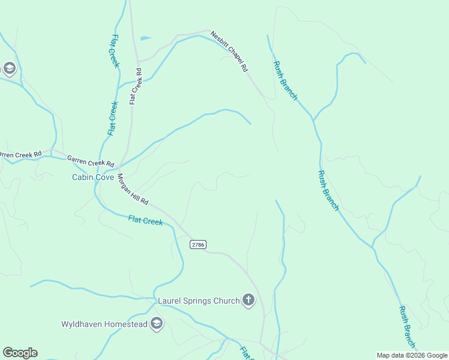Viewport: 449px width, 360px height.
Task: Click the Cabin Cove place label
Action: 93,177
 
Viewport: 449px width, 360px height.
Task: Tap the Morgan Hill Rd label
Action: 132,190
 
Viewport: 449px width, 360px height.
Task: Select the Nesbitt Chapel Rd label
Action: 229,52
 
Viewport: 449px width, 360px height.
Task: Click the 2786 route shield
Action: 198,244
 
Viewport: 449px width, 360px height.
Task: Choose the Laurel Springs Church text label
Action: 198,301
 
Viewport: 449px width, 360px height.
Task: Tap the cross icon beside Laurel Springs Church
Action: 249,301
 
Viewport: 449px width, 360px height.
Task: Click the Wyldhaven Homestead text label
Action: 104,324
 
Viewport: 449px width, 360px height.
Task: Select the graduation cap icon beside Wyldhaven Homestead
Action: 157,324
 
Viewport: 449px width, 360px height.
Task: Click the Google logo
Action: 20,353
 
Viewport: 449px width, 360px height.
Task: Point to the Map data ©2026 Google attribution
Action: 412,355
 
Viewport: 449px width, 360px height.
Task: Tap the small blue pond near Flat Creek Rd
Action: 145,38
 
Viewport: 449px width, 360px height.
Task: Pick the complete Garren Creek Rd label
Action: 90,161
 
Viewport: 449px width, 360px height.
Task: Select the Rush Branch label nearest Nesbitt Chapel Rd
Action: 285,80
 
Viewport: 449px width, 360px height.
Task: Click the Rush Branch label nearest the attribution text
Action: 407,326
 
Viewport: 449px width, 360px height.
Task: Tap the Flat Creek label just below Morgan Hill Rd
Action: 145,221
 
